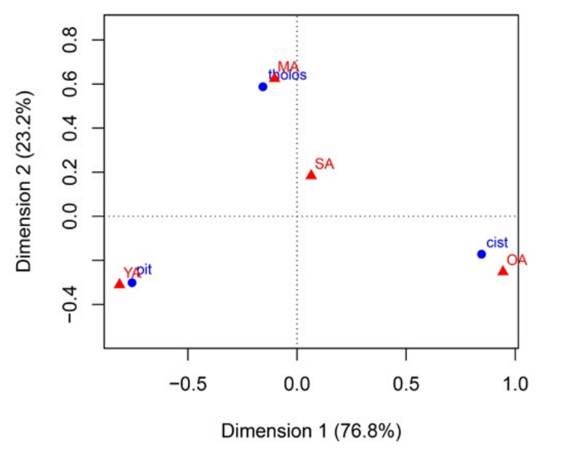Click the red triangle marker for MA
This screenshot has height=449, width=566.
pyautogui.click(x=275, y=77)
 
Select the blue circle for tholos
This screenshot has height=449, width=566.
pyautogui.click(x=263, y=87)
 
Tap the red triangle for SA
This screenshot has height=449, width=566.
pyautogui.click(x=311, y=175)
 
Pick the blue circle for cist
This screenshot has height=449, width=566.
pyautogui.click(x=481, y=254)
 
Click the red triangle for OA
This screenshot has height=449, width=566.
pyautogui.click(x=503, y=271)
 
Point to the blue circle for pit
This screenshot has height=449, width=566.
pyautogui.click(x=131, y=283)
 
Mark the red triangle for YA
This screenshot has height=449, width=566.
pyautogui.click(x=119, y=284)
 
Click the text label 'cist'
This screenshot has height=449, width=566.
pyautogui.click(x=497, y=243)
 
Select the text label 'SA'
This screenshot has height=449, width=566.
pyautogui.click(x=324, y=164)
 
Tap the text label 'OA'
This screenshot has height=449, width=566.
pyautogui.click(x=516, y=260)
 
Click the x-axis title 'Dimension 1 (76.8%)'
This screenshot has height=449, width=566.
pyautogui.click(x=311, y=431)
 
